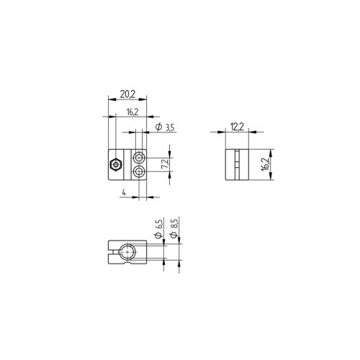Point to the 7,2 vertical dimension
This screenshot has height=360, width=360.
pyautogui.click(x=165, y=165)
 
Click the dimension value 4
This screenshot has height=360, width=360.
pyautogui.click(x=125, y=192)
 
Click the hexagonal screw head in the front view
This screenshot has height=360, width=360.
pyautogui.click(x=116, y=165)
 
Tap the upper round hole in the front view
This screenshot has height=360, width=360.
pyautogui.click(x=140, y=157)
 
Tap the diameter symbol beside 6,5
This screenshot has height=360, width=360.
pyautogui.click(x=157, y=237)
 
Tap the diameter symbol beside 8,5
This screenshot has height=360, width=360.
pyautogui.click(x=175, y=237)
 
